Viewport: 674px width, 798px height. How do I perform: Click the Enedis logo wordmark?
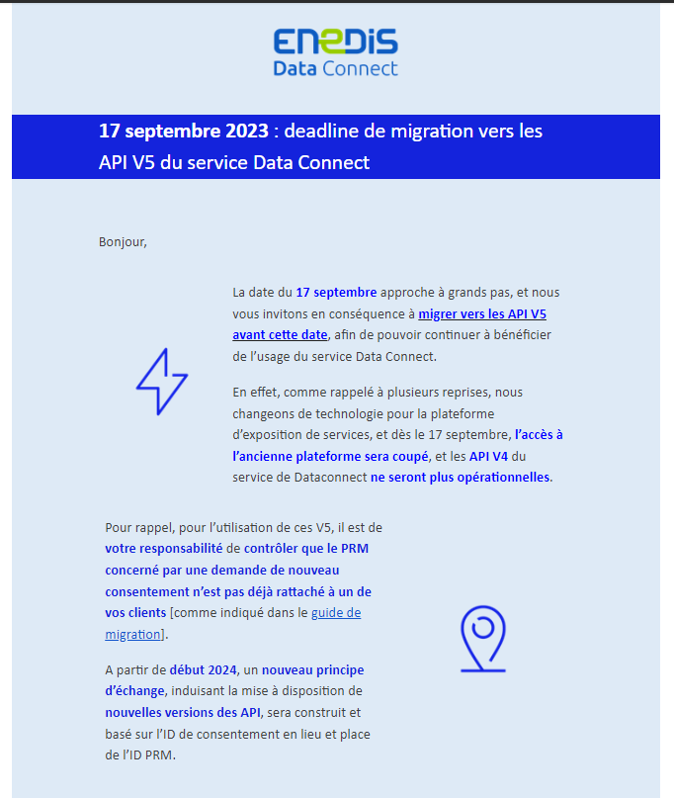click(x=336, y=43)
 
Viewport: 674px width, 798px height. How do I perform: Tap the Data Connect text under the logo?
click(x=336, y=68)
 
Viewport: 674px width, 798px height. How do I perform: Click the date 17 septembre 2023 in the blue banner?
click(x=183, y=132)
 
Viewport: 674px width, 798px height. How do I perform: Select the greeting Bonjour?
click(x=123, y=241)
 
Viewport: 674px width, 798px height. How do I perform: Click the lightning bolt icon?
click(x=161, y=381)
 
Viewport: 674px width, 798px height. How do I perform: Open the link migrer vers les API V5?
click(x=482, y=313)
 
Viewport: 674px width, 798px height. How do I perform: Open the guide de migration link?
click(x=336, y=613)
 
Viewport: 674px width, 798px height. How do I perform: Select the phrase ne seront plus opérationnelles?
click(x=461, y=477)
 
